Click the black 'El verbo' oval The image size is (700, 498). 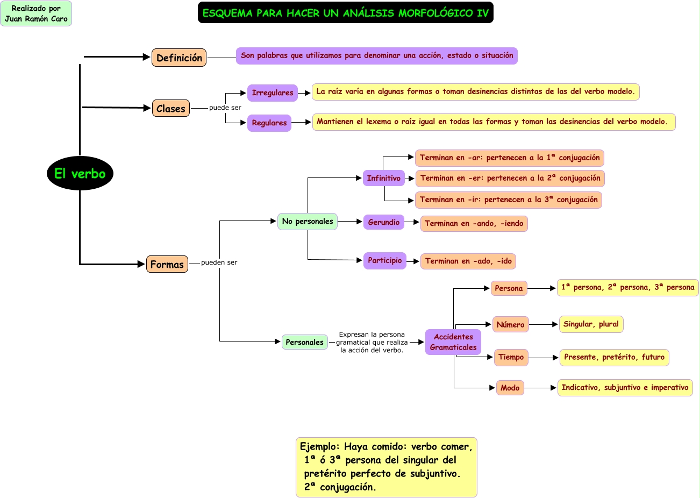[x=80, y=173]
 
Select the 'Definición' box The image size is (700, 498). [x=179, y=58]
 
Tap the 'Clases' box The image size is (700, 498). [x=170, y=108]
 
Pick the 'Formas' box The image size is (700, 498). [x=167, y=264]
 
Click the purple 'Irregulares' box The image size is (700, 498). [x=272, y=93]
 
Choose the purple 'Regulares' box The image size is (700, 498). [x=269, y=123]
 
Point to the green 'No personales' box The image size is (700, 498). [x=307, y=221]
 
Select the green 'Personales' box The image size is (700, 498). [x=304, y=342]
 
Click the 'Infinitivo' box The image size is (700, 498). [x=383, y=178]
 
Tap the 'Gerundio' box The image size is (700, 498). [x=383, y=222]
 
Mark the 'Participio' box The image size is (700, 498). [x=384, y=260]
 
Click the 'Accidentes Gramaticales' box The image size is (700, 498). [x=453, y=342]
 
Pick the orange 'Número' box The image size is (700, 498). [x=510, y=324]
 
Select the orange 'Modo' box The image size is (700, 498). [x=510, y=388]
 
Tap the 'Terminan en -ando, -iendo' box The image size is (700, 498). [x=474, y=224]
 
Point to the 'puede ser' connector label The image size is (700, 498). [x=225, y=108]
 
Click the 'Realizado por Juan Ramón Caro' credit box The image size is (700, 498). [x=36, y=13]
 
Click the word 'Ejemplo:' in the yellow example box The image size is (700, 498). [x=320, y=447]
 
